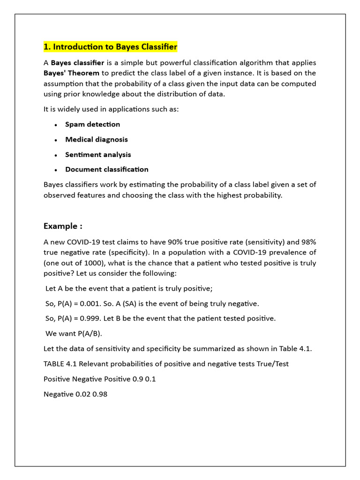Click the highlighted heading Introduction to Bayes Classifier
[x=110, y=47]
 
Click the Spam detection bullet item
[x=92, y=124]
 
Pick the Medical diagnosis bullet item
[x=96, y=139]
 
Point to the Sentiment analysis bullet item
[x=98, y=154]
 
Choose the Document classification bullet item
[x=106, y=169]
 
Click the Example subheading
[x=63, y=226]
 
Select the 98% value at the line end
[x=308, y=242]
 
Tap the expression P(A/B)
[x=88, y=333]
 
